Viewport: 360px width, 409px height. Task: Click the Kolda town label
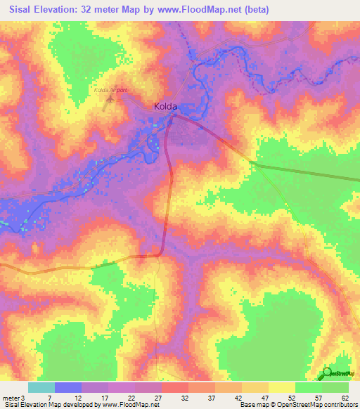pyautogui.click(x=165, y=107)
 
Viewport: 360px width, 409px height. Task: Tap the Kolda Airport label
pyautogui.click(x=109, y=91)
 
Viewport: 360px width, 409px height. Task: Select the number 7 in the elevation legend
pyautogui.click(x=50, y=398)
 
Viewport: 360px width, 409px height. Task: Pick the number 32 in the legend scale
pyautogui.click(x=184, y=398)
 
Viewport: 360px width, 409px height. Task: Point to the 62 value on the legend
pyautogui.click(x=345, y=398)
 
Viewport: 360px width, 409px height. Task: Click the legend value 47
pyautogui.click(x=265, y=398)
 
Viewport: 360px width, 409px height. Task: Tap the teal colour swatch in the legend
pyautogui.click(x=41, y=387)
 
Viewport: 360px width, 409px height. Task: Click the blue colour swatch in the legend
pyautogui.click(x=68, y=387)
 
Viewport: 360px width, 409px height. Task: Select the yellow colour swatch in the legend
pyautogui.click(x=281, y=387)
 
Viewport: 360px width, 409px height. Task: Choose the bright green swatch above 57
pyautogui.click(x=308, y=387)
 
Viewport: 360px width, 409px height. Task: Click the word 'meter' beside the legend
pyautogui.click(x=11, y=398)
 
